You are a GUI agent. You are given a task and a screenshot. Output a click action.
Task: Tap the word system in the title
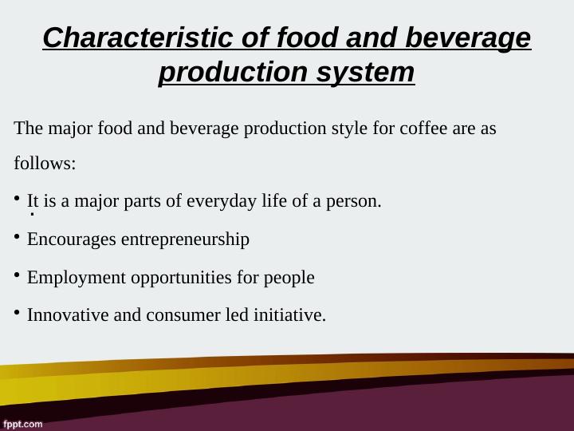pos(367,72)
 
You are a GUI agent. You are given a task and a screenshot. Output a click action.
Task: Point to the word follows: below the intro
pos(45,164)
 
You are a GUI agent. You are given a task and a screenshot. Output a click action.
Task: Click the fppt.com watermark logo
pos(22,423)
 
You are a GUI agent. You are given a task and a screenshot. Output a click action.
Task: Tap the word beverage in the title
pos(468,37)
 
